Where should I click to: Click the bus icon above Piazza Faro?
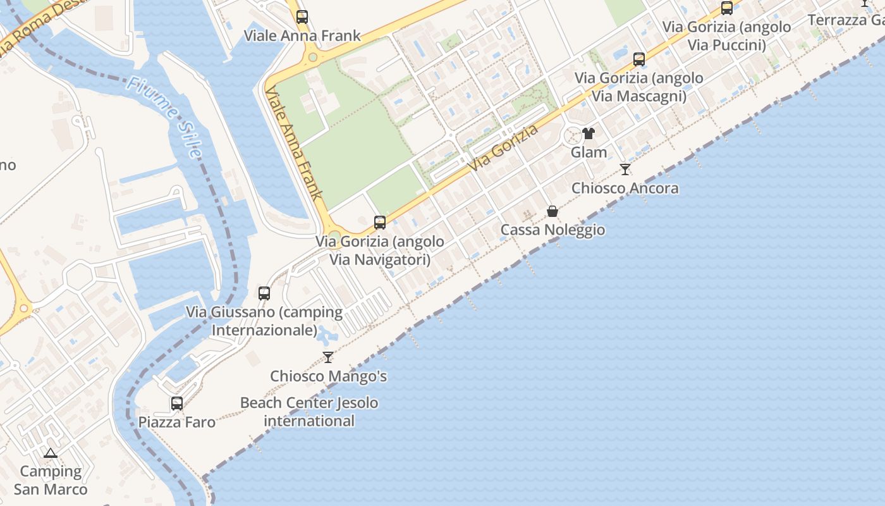tap(177, 403)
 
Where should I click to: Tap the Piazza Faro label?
tap(177, 422)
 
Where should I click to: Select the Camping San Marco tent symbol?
tap(51, 453)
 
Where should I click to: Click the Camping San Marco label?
tap(51, 480)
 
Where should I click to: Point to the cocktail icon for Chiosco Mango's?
tap(328, 357)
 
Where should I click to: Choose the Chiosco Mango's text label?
tap(329, 376)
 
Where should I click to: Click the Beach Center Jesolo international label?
tap(309, 412)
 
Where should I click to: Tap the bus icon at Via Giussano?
tap(264, 293)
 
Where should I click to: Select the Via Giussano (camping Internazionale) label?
tap(264, 321)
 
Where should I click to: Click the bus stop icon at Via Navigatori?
tap(380, 223)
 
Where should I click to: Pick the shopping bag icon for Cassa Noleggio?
tap(552, 211)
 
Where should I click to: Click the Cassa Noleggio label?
tap(552, 230)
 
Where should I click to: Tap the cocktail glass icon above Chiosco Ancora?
tap(625, 170)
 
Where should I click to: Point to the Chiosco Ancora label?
tap(625, 188)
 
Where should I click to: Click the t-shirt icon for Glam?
tap(589, 133)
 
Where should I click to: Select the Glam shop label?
tap(589, 152)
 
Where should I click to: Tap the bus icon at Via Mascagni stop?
tap(639, 59)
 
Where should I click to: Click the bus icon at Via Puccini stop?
tap(727, 8)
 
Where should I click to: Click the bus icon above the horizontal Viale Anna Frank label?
tap(302, 17)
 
